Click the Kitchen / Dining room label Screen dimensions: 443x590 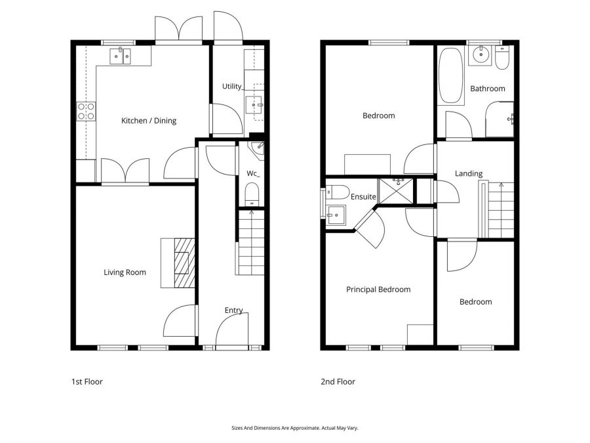coord(149,121)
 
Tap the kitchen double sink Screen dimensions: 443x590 coord(120,56)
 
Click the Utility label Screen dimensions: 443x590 coord(232,87)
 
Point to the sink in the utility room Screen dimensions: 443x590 coord(254,105)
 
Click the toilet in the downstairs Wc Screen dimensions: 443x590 coord(252,194)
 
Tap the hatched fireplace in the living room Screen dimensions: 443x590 coord(184,263)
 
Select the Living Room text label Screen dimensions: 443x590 coord(125,272)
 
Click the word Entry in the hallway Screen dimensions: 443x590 coord(233,310)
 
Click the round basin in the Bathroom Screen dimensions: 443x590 coord(481,55)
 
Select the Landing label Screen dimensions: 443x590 coord(469,174)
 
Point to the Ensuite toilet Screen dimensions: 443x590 coord(338,192)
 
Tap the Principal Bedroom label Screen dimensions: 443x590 coord(378,289)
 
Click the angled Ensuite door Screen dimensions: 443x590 coord(370,231)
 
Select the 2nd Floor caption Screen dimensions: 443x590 coord(338,381)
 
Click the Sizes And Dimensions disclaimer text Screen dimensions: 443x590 coord(295,427)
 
